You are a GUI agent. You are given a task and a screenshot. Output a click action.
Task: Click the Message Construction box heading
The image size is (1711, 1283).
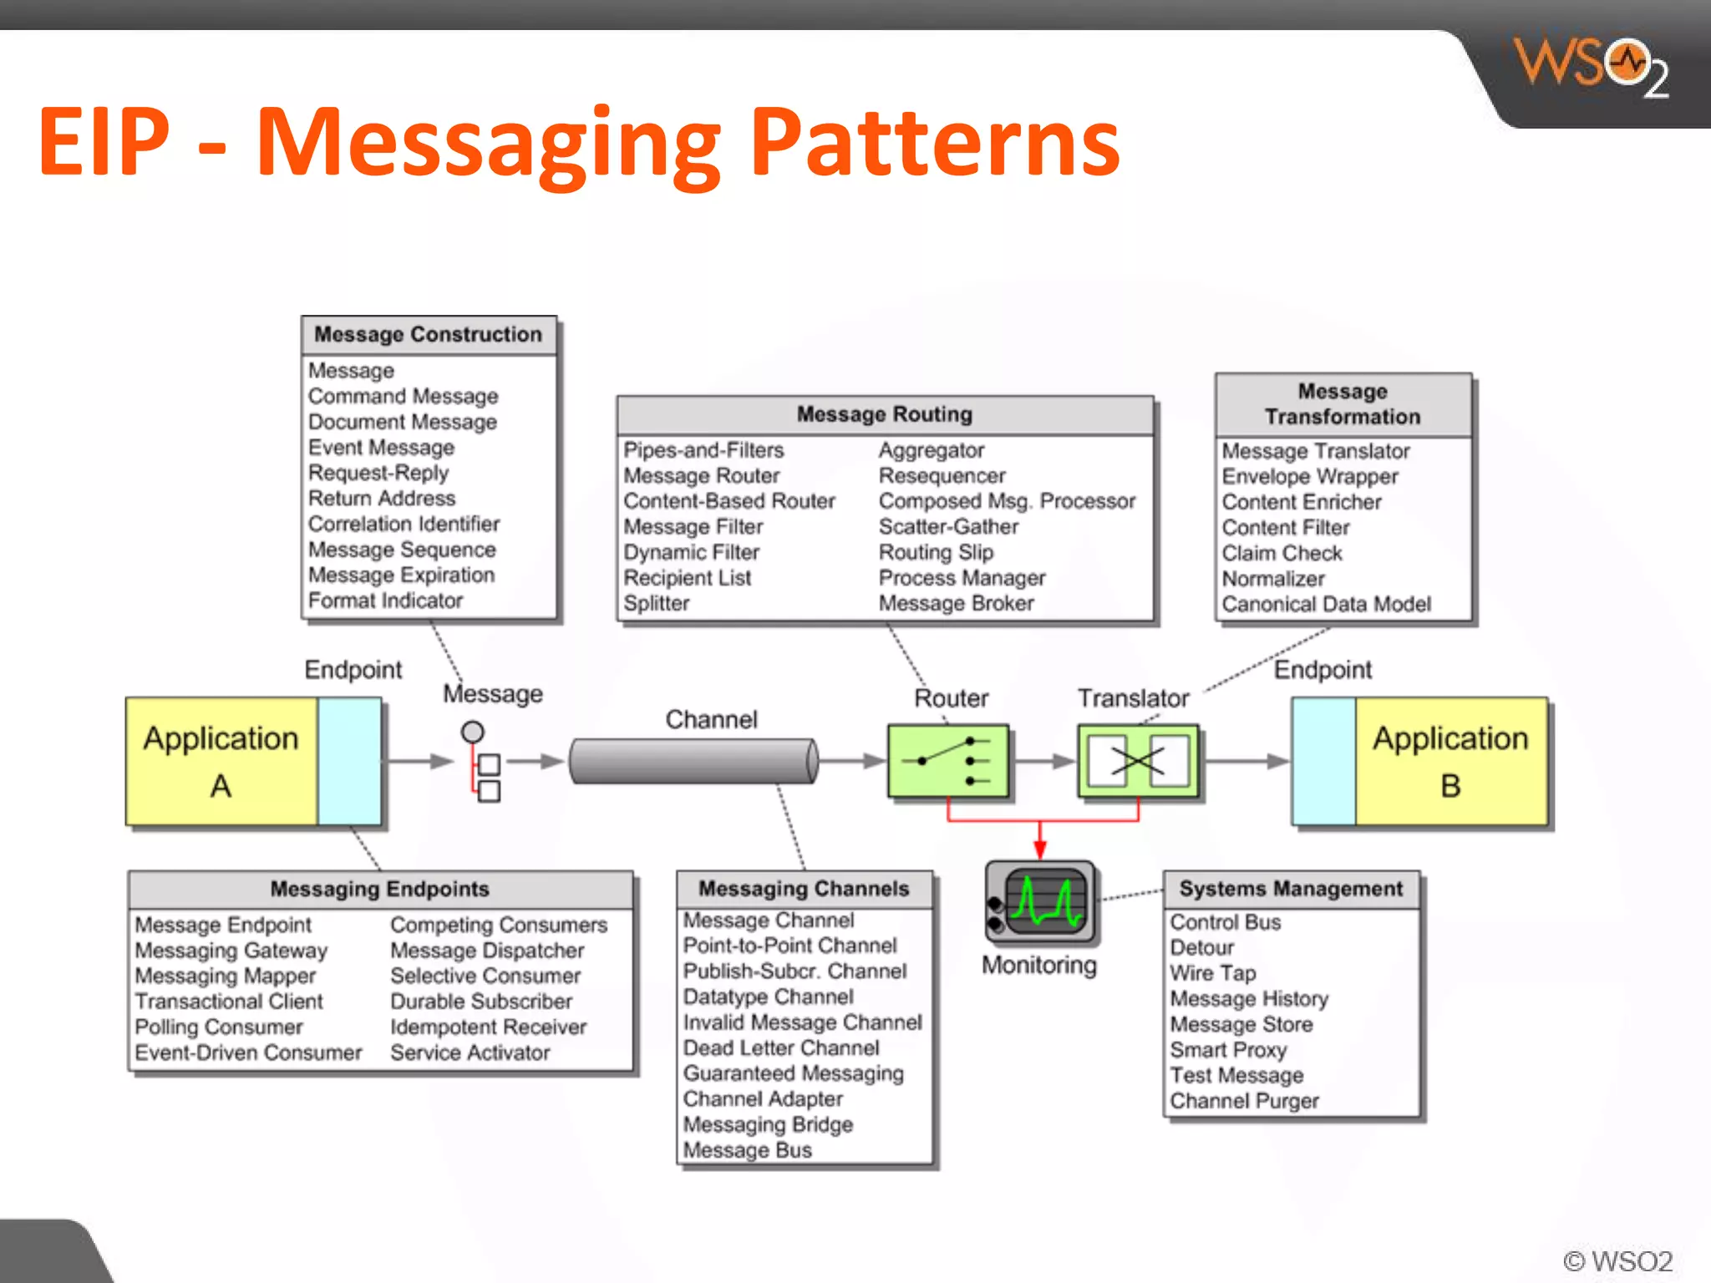pos(428,334)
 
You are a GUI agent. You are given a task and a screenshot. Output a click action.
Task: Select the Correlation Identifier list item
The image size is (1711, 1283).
pos(404,524)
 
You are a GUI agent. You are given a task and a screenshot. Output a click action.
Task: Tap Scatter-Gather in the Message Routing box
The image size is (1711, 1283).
pos(948,527)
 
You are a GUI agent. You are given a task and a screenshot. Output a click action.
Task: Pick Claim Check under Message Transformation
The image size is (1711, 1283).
pos(1282,554)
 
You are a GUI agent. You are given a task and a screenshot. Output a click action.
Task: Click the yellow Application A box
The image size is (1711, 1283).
pos(221,761)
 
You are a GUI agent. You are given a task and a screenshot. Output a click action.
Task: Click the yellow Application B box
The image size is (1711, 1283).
pos(1450,761)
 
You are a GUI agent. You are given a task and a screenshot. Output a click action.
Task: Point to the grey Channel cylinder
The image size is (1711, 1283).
pos(693,761)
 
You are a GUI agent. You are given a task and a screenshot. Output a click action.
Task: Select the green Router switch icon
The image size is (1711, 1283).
pos(948,761)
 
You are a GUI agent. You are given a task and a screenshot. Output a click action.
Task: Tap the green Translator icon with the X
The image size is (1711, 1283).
pos(1137,761)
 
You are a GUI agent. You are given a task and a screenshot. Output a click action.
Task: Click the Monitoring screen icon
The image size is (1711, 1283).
pos(1040,902)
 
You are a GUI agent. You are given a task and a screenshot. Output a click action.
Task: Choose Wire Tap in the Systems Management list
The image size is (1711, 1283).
pos(1212,973)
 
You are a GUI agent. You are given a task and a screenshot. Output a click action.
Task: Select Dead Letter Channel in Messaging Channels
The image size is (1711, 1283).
pos(780,1048)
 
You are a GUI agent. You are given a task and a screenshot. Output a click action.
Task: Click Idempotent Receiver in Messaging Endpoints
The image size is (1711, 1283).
pos(488,1027)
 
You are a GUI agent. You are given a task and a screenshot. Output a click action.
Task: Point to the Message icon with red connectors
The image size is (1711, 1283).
pos(482,763)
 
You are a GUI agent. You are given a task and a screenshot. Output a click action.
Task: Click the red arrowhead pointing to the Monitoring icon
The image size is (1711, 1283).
pos(1040,849)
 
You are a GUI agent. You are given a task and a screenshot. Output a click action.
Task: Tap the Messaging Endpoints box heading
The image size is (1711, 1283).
pos(379,889)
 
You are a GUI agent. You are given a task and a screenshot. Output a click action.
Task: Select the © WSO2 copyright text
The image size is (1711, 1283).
pos(1617,1260)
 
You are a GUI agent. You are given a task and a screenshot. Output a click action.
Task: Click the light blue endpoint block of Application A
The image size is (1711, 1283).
pos(349,761)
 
